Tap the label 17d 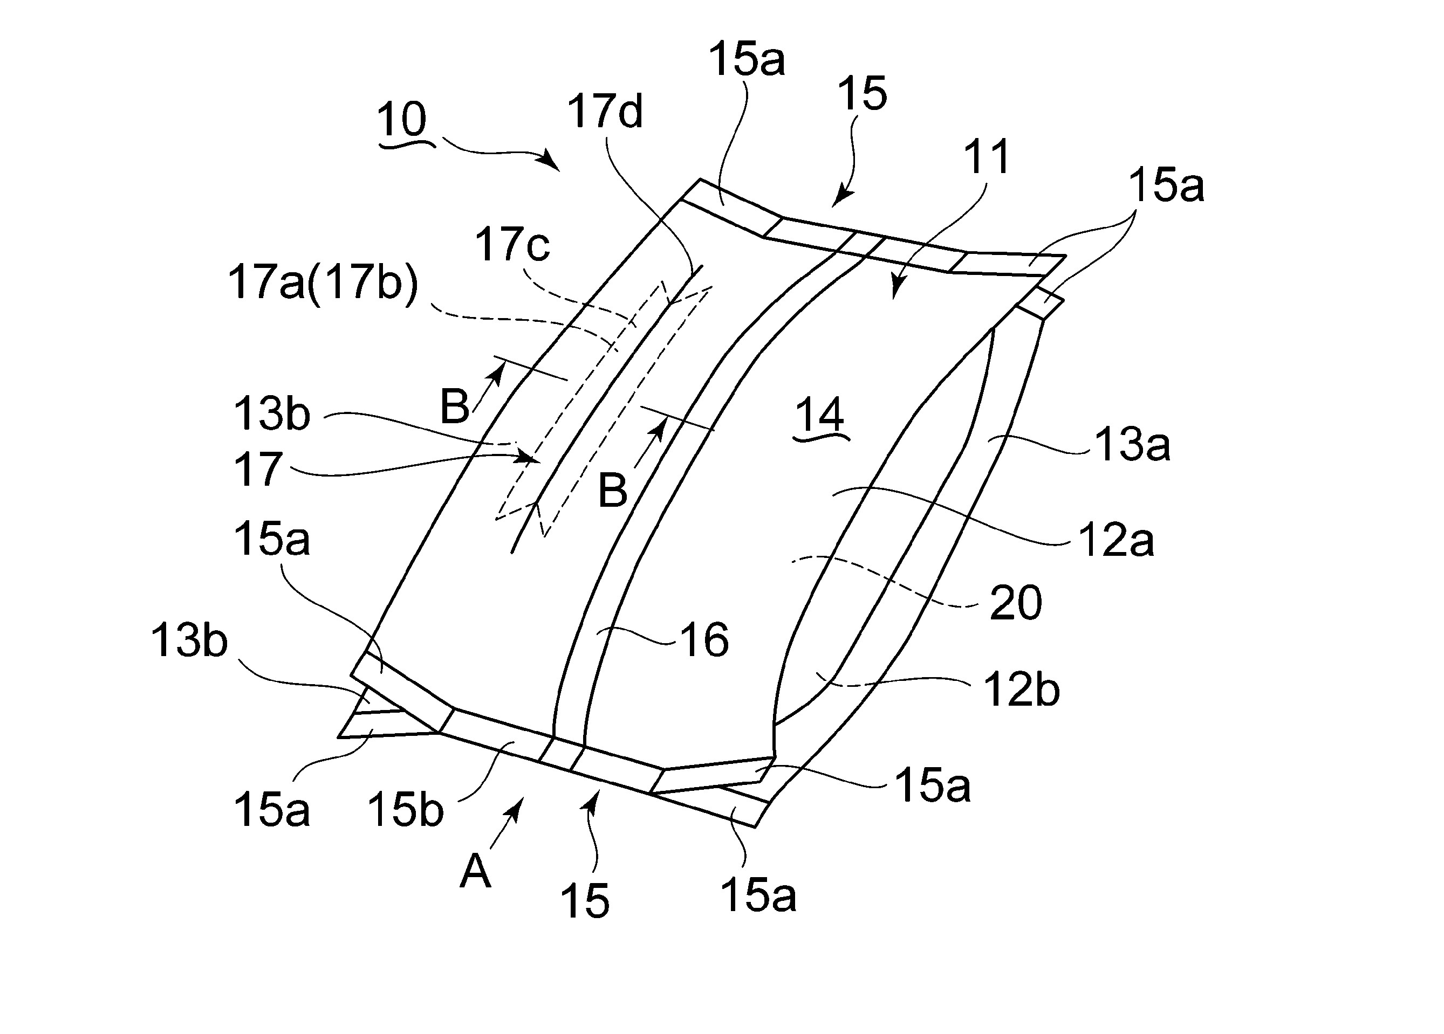605,112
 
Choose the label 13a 1132,444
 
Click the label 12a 1116,541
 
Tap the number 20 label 1016,603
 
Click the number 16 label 704,640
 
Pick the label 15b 405,811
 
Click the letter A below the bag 475,871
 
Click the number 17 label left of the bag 258,470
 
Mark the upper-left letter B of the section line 455,406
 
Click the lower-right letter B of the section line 612,491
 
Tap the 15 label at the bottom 585,900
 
